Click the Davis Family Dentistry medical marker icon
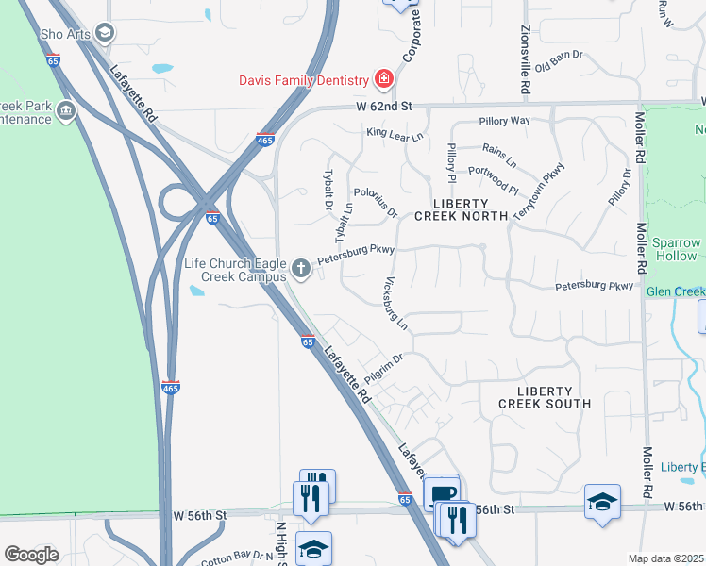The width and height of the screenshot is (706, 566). pos(383,78)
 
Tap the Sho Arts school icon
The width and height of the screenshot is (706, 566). pos(105,34)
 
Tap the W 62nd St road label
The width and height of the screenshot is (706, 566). pos(387,108)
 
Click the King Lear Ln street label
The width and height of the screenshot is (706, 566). pos(395,135)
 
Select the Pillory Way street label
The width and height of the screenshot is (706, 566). pos(504,121)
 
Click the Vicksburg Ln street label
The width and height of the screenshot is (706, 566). pos(395,302)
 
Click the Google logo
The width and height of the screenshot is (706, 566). pos(31,555)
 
